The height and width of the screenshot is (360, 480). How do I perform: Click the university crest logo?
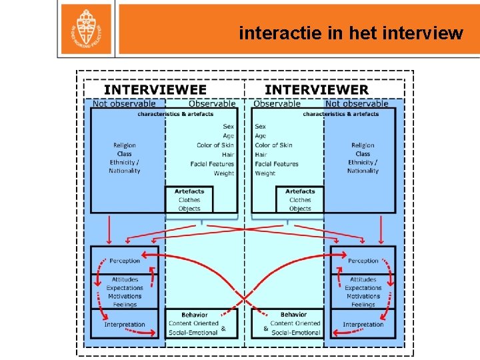pos(86,27)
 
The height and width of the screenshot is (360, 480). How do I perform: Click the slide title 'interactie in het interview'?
pos(351,33)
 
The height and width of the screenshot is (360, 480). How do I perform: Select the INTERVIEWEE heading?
pos(155,89)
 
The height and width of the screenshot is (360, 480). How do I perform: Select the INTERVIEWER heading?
pos(316,89)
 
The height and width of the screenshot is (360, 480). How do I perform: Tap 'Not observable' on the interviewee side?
pos(124,103)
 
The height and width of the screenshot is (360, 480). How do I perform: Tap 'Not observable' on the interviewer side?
pos(357,103)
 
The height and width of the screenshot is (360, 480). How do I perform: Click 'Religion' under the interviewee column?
pos(125,145)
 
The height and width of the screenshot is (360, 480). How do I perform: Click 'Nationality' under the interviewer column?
pos(363,171)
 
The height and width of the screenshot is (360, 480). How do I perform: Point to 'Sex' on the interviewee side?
pos(229,126)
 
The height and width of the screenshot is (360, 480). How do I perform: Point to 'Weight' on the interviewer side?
pos(265,173)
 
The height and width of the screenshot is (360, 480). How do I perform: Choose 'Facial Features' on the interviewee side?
pos(213,164)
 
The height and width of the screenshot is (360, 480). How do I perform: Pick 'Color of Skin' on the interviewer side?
pos(273,145)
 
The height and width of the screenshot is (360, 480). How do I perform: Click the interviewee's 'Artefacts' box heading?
pos(189,191)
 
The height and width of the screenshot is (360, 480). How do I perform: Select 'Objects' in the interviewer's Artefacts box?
pos(300,209)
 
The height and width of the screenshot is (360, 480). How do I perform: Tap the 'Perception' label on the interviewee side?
pos(125,261)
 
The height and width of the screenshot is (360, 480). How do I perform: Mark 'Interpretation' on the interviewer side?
pos(363,325)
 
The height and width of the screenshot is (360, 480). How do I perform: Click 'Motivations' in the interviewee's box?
pos(125,296)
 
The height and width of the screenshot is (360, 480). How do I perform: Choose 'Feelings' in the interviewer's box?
pos(363,305)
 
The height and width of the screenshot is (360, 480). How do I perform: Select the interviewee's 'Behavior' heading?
pos(195,315)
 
